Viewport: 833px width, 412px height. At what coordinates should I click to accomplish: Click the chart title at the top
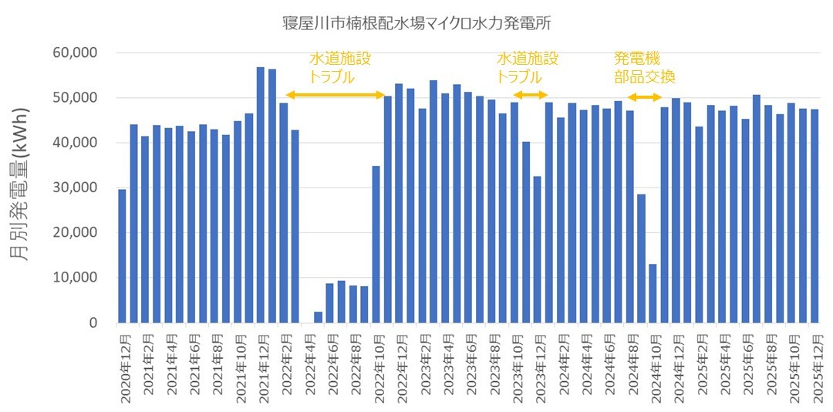pyautogui.click(x=416, y=22)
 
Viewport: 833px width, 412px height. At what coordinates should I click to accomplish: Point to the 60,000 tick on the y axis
pyautogui.click(x=72, y=53)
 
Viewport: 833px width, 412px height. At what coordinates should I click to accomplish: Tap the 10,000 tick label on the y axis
pyautogui.click(x=72, y=278)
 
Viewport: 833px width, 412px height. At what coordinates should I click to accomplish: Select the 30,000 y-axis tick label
pyautogui.click(x=72, y=187)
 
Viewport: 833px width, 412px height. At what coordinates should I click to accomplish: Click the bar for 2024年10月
pyautogui.click(x=653, y=293)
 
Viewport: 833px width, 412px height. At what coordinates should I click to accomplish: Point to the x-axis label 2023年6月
pyautogui.click(x=468, y=366)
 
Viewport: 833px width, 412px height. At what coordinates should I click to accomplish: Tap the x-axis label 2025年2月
pyautogui.click(x=699, y=366)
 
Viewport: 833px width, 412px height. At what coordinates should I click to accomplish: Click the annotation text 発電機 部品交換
pyautogui.click(x=644, y=68)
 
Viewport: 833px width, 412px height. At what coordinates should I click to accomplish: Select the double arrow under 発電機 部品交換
pyautogui.click(x=644, y=96)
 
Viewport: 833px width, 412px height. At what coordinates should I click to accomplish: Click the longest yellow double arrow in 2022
pyautogui.click(x=336, y=95)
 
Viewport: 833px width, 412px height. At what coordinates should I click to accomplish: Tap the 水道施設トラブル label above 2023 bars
pyautogui.click(x=527, y=68)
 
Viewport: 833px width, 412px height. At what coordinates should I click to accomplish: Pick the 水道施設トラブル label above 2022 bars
pyautogui.click(x=339, y=68)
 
